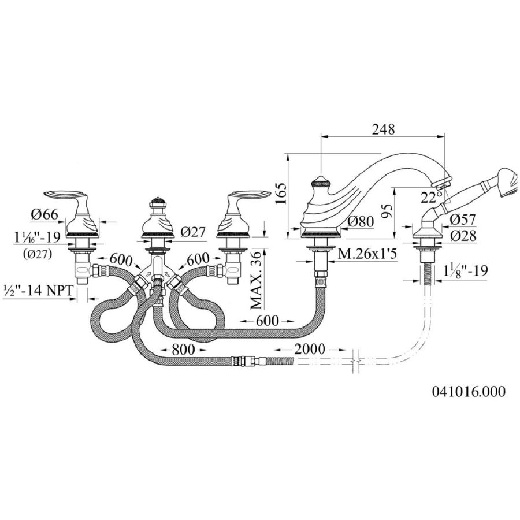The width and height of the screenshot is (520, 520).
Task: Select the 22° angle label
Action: point(428,197)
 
